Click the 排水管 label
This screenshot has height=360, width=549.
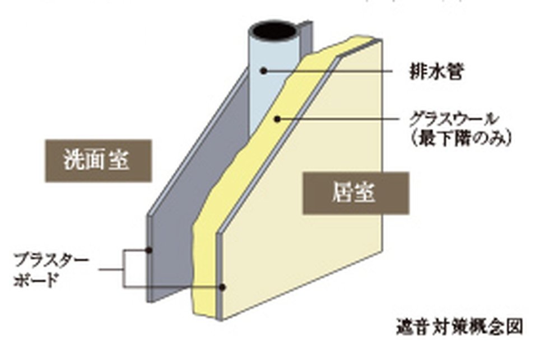point(436,72)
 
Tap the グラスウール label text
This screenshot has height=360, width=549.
point(453,120)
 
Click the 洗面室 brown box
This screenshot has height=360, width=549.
point(99,161)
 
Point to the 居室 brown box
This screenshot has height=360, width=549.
point(356,193)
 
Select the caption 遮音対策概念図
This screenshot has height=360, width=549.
point(459,326)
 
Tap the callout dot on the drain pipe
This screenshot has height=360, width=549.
point(264,71)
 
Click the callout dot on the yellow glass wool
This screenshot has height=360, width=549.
point(277,120)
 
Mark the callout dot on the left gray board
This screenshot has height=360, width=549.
point(149,250)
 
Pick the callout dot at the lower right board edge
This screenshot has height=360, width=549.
point(222,287)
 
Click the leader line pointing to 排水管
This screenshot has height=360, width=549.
point(328,71)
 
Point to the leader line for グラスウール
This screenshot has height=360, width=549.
point(338,119)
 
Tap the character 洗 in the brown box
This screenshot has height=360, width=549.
point(74,161)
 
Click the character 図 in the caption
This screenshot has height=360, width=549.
point(515,326)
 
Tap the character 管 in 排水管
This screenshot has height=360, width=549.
point(455,72)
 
